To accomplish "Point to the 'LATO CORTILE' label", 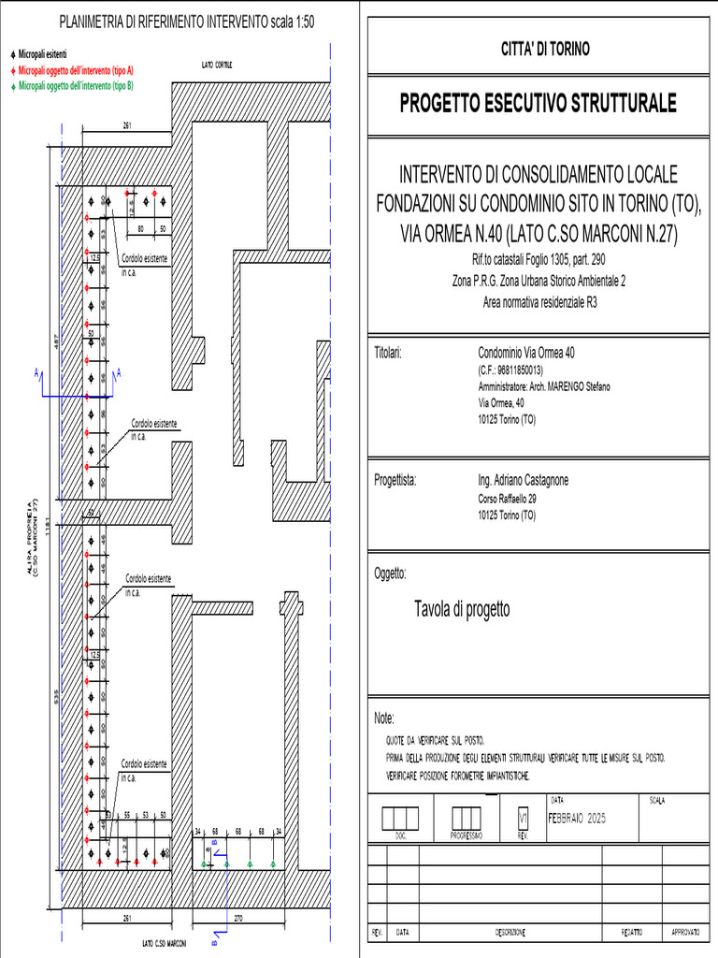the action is pos(217,65).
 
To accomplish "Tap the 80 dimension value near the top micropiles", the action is pos(142,228).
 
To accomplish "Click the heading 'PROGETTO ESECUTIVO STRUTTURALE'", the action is pos(538,104).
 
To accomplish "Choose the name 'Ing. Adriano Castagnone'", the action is pos(523,481).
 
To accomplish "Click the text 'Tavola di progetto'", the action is pos(462,610).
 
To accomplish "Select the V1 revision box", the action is pos(523,819).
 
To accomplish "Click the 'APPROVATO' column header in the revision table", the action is pos(693,933).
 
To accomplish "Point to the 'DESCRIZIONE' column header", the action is pos(510,933).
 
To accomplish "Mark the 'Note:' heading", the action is pos(384,718).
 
